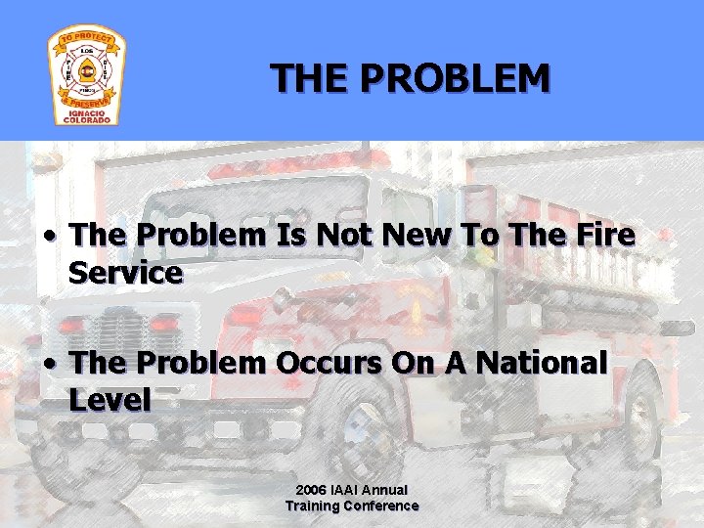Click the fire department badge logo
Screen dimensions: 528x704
pyautogui.click(x=86, y=75)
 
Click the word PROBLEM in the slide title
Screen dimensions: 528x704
pyautogui.click(x=455, y=77)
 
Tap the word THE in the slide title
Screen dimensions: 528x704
pyautogui.click(x=311, y=77)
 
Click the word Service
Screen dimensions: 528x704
pyautogui.click(x=126, y=273)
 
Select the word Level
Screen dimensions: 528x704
pyautogui.click(x=110, y=400)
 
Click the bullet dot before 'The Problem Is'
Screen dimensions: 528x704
pyautogui.click(x=51, y=236)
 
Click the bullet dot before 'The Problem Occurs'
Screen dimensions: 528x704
pyautogui.click(x=51, y=364)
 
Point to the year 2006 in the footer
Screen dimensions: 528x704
pyautogui.click(x=312, y=489)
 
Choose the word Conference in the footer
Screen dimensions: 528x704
pyautogui.click(x=383, y=506)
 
